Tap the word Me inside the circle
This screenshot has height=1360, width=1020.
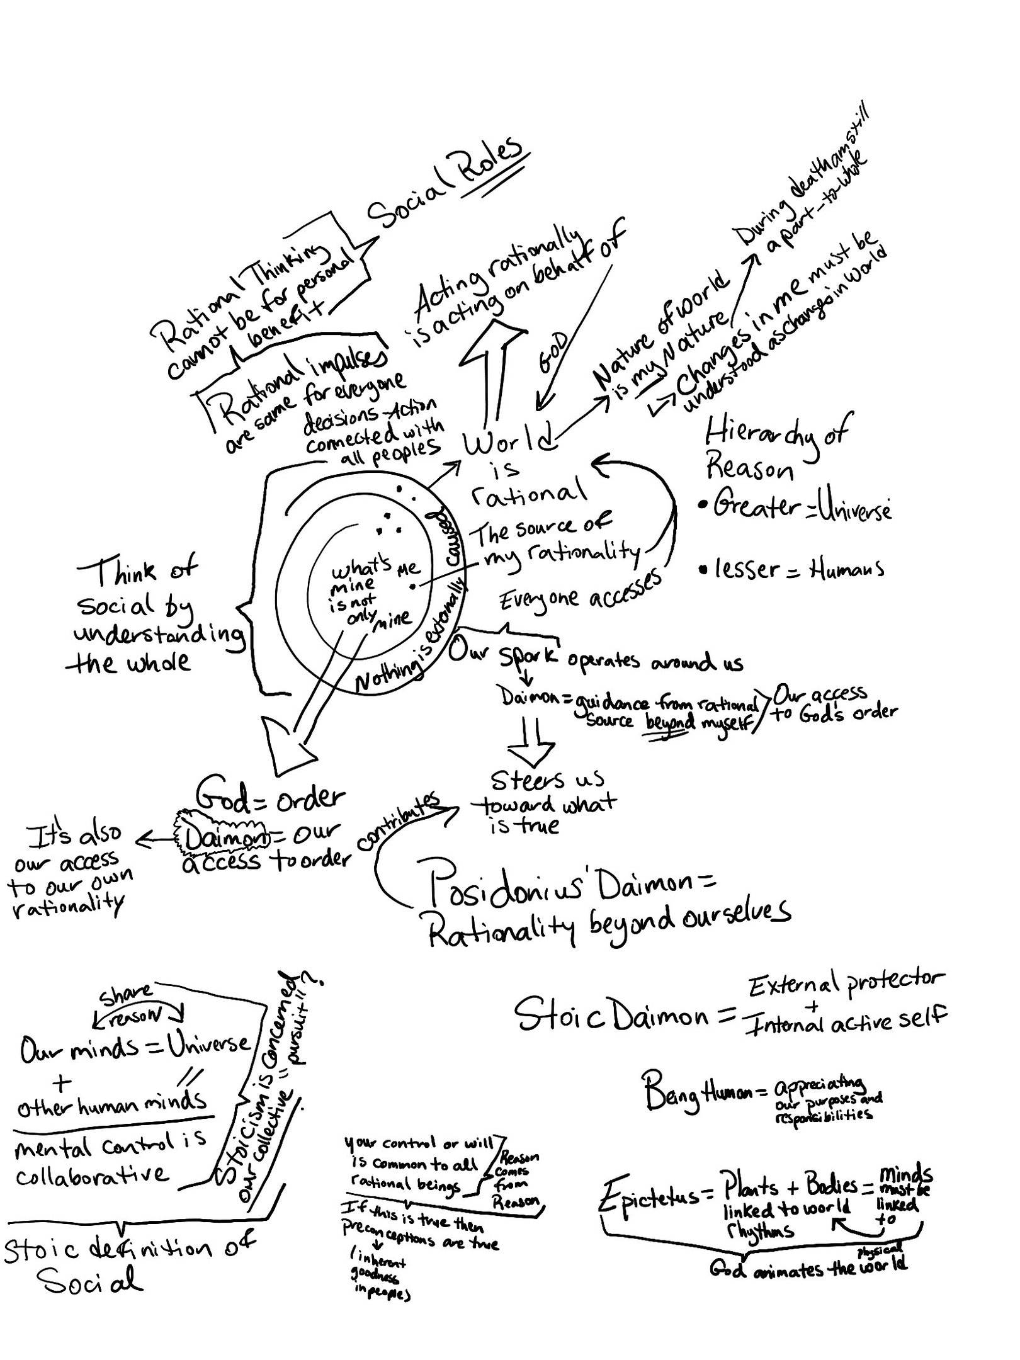click(407, 568)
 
